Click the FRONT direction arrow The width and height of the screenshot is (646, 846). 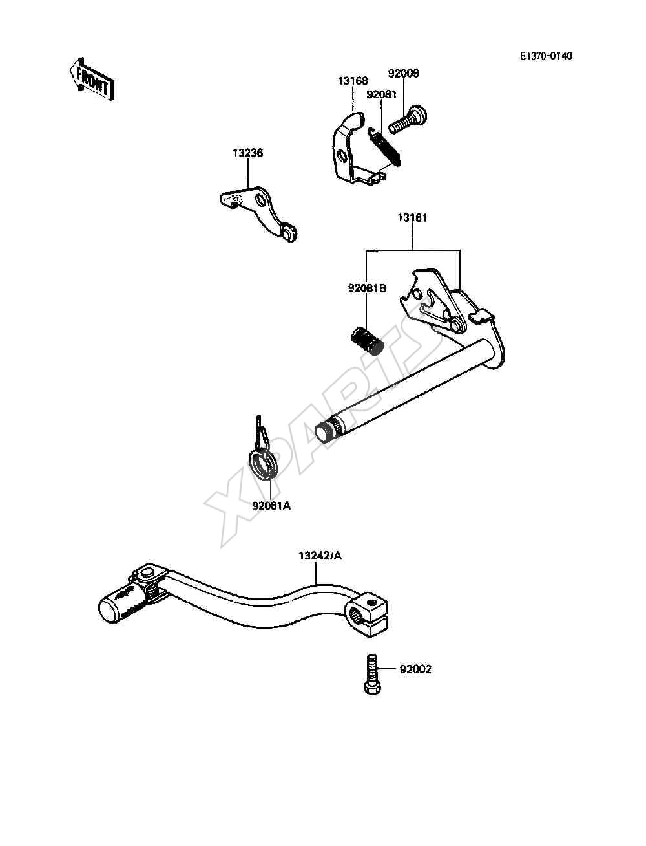coord(92,80)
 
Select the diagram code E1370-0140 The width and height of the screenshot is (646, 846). coord(546,56)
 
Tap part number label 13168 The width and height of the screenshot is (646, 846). coord(353,81)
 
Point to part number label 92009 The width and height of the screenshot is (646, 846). coord(403,73)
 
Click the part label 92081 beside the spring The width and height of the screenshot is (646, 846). coord(381,94)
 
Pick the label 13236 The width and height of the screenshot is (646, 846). coord(247,153)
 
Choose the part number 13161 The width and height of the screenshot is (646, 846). coord(412,218)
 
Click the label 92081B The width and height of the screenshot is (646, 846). coord(367,288)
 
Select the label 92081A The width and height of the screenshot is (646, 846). coord(271,505)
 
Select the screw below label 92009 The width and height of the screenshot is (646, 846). coord(408,119)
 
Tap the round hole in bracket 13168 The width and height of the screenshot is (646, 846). coord(342,156)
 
